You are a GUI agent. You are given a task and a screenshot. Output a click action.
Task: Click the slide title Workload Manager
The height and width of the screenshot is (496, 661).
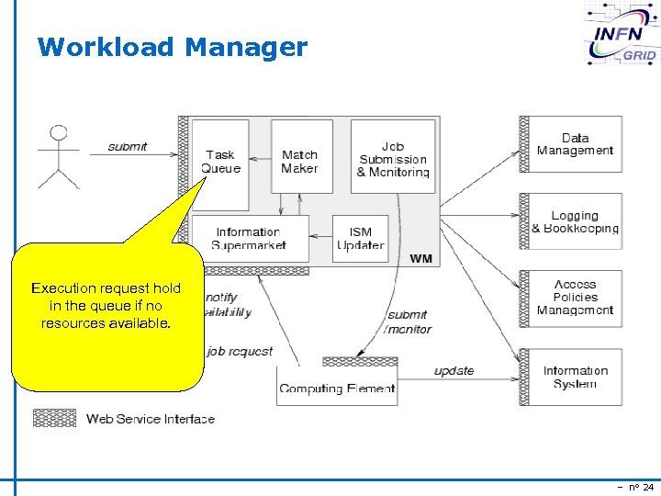tap(173, 47)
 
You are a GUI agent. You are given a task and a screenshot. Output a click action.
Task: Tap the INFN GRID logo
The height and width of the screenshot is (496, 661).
tap(622, 35)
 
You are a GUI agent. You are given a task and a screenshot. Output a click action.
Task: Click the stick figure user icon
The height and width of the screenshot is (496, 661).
tap(60, 155)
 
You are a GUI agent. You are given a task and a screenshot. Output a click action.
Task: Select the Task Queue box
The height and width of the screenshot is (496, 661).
tap(220, 162)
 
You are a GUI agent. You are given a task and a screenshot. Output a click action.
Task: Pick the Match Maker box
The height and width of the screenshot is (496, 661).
tap(300, 162)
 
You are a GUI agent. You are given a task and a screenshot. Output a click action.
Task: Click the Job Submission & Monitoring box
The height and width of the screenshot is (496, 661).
tap(393, 159)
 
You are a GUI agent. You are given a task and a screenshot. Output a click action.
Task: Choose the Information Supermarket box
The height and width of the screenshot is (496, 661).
tap(248, 239)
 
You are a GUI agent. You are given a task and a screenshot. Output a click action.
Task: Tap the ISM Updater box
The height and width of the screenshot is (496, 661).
tap(360, 239)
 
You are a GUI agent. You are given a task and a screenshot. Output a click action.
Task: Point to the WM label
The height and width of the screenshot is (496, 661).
tap(420, 259)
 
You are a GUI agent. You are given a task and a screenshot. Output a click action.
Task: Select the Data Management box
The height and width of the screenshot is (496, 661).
tap(576, 144)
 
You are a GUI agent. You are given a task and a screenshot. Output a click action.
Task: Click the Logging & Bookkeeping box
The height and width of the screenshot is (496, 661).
tap(576, 221)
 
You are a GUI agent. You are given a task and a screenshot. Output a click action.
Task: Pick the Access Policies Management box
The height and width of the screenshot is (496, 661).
tap(576, 298)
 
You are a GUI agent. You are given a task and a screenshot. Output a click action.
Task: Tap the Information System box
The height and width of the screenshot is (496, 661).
tap(576, 378)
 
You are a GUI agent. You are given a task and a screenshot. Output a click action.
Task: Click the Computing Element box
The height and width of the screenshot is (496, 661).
tap(336, 388)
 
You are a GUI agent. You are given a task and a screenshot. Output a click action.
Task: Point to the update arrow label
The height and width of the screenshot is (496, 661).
tap(454, 371)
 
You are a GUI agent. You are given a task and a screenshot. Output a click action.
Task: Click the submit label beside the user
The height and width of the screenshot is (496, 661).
tap(128, 147)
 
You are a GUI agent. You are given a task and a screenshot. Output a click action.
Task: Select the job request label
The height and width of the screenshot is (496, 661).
tap(240, 351)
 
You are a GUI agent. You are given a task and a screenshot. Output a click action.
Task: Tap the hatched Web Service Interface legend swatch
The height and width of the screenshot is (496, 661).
tap(54, 418)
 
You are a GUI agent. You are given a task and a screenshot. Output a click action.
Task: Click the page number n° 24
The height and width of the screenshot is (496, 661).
tap(635, 487)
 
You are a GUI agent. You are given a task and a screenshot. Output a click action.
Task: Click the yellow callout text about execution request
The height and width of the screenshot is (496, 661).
tap(106, 305)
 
